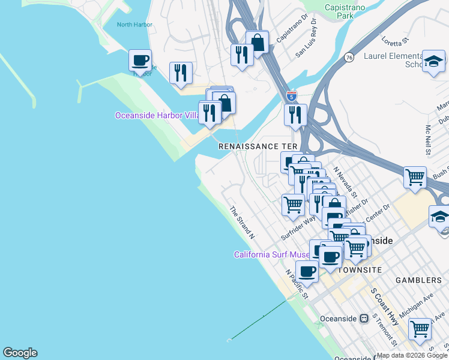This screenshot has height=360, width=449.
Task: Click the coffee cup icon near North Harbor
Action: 140,61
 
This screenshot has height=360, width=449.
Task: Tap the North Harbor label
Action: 134,25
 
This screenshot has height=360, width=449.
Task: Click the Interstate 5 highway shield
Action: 291,95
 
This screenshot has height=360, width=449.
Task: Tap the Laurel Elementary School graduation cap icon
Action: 433,61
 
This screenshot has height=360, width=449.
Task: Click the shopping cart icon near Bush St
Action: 415,177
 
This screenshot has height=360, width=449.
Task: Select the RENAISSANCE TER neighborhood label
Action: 257,146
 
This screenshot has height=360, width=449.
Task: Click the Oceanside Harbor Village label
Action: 157,115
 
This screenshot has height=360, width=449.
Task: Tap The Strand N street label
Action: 243,223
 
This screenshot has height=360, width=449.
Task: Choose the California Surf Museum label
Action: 271,254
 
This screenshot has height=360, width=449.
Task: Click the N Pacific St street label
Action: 297,284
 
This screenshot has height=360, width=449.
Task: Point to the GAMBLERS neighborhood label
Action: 418,280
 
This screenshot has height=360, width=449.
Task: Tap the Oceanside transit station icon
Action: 363,319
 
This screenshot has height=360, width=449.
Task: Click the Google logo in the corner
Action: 20,353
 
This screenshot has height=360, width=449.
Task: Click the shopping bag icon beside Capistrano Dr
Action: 257,42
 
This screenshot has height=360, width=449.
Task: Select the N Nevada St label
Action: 345,182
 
